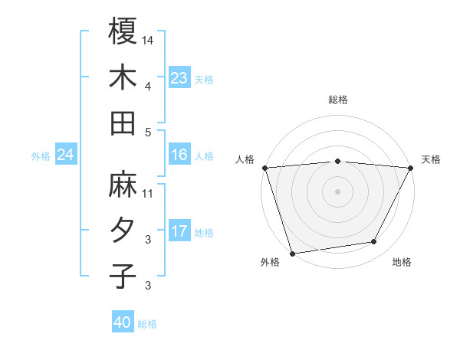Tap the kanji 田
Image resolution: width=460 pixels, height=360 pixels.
(123, 123)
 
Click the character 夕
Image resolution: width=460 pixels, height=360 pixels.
(123, 231)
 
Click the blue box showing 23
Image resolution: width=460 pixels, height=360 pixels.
(179, 77)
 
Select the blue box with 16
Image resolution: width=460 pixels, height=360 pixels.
(179, 155)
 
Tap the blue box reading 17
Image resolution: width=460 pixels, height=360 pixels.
(179, 231)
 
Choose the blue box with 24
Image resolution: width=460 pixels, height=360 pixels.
(65, 155)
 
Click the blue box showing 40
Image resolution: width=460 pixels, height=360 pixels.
(122, 322)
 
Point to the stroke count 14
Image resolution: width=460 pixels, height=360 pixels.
(148, 39)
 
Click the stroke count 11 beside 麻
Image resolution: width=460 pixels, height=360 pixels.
(148, 193)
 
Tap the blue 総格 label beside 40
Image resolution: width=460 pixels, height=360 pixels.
(147, 324)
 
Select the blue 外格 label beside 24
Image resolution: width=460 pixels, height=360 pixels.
(41, 156)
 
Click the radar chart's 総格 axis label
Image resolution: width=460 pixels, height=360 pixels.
(338, 100)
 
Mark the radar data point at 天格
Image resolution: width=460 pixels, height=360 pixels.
(412, 168)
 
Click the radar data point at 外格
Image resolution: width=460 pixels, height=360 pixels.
(292, 253)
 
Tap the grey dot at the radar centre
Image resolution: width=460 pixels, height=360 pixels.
(337, 191)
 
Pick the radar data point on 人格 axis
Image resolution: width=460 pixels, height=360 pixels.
(264, 168)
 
